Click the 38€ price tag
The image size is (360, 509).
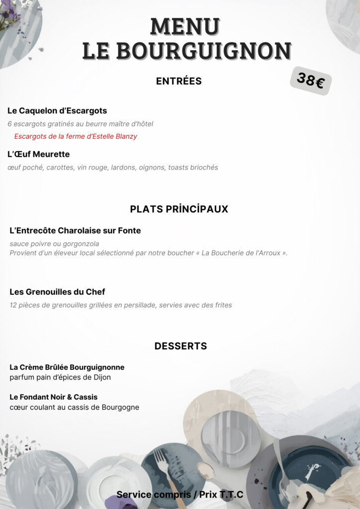311,80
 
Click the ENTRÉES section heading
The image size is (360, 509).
179,81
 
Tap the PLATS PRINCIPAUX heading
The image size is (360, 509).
179,209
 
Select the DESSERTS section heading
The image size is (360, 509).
180,346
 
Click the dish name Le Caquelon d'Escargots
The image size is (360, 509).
57,111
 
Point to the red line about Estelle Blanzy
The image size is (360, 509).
76,136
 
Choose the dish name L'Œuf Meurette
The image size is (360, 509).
38,154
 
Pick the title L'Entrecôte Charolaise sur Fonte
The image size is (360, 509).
75,231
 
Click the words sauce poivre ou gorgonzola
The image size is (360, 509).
54,244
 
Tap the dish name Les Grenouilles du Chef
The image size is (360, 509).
57,292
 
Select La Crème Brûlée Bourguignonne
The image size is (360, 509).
67,367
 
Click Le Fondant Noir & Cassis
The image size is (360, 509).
54,397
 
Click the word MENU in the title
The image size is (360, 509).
185,26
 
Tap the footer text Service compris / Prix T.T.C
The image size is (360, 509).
180,495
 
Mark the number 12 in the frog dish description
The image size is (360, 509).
13,305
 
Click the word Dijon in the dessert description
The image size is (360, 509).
101,377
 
